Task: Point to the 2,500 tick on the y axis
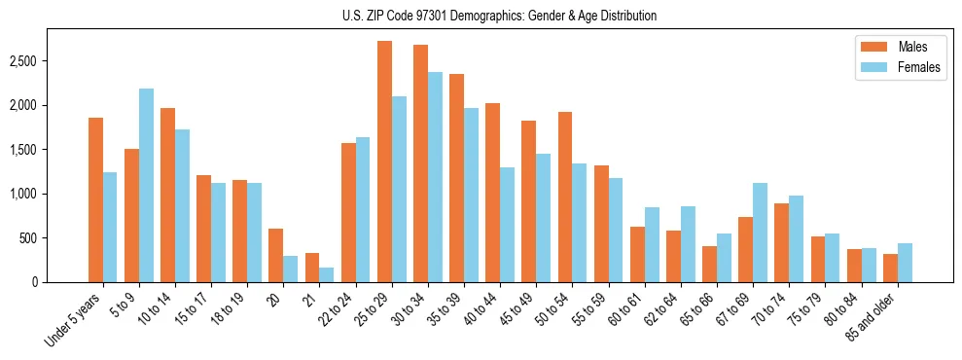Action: click(22, 61)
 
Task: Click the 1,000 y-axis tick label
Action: click(22, 194)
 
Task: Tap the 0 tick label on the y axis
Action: click(34, 282)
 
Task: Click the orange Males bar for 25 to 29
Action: click(384, 162)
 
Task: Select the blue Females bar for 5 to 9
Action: click(146, 185)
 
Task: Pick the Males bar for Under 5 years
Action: click(95, 199)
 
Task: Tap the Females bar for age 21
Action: click(327, 274)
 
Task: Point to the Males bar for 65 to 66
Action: click(710, 264)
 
